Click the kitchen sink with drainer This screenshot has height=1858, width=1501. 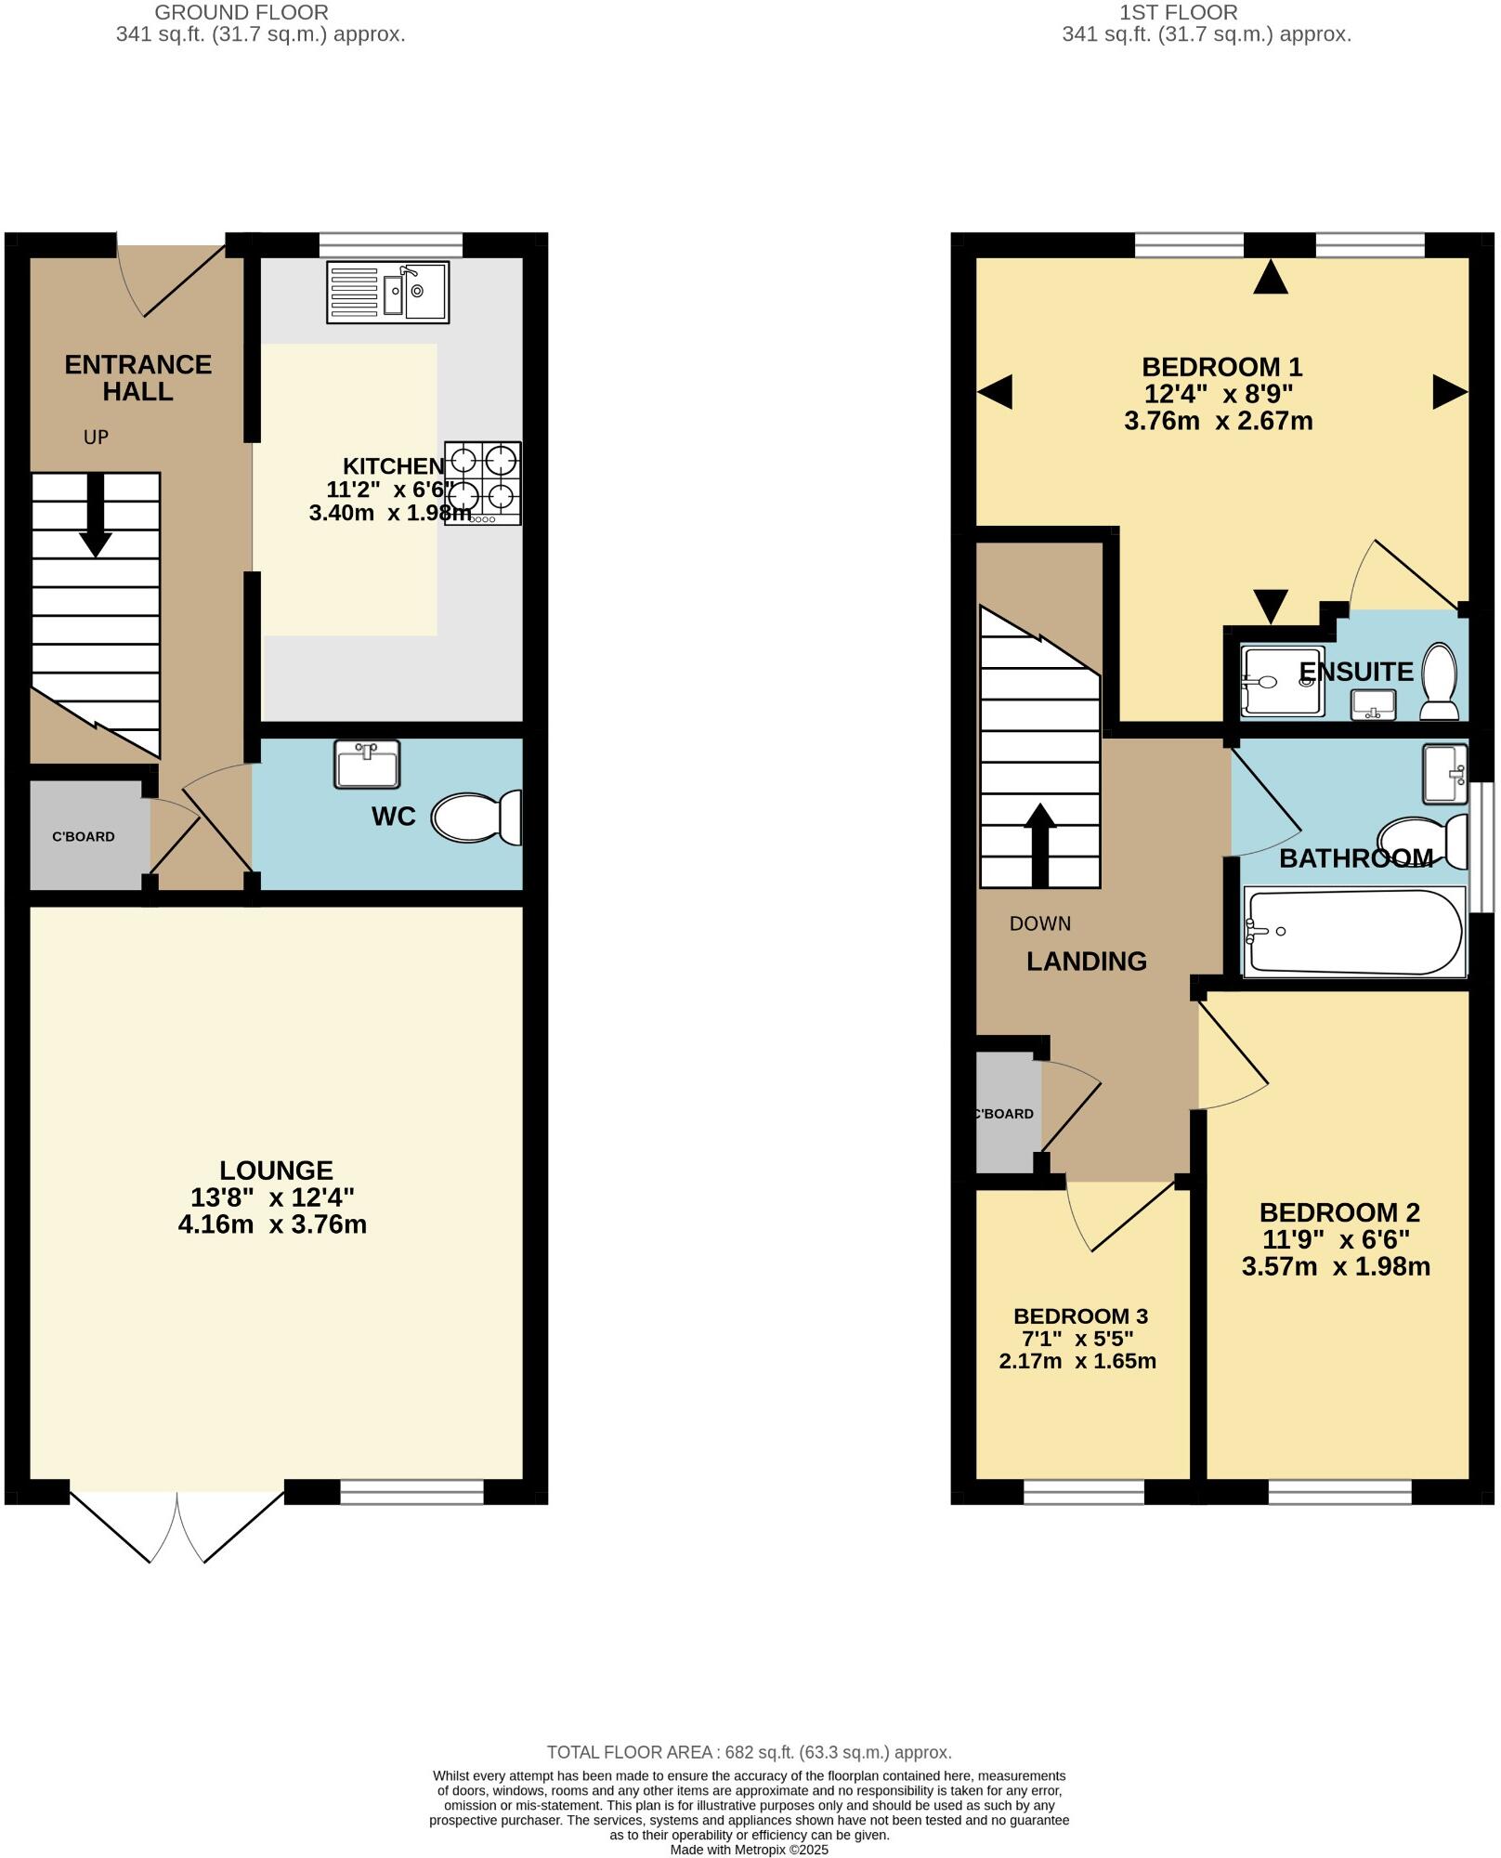[x=387, y=292]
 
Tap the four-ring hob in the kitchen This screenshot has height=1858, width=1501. [x=482, y=483]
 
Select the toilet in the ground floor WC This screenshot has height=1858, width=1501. [x=476, y=818]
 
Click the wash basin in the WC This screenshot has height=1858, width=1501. [x=367, y=765]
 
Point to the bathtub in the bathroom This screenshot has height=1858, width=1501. [x=1353, y=932]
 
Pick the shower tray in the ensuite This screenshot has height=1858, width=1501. [x=1282, y=682]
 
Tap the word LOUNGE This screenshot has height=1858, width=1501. [x=276, y=1171]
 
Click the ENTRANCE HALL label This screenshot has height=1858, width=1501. [x=137, y=377]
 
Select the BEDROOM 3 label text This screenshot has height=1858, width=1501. [x=1080, y=1316]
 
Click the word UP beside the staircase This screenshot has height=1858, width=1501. [x=96, y=437]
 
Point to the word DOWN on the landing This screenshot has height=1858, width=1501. [x=1039, y=923]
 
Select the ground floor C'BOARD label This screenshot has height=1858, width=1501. [x=84, y=836]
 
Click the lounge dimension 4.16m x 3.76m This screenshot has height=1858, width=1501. [x=272, y=1224]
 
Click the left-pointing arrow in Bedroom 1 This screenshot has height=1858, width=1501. [x=995, y=392]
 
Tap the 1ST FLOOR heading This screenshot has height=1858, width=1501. [x=1178, y=12]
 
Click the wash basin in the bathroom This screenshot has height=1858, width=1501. [x=1443, y=773]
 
